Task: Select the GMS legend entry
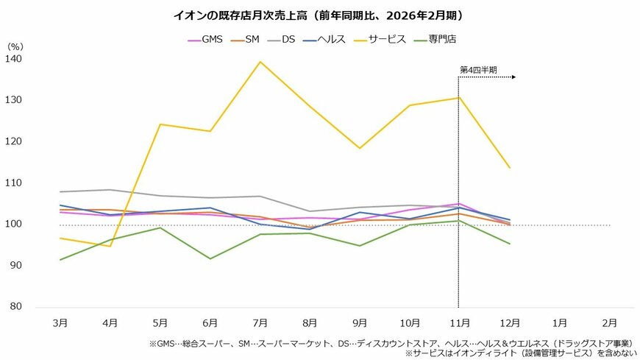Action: [208, 39]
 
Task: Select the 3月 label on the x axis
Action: [61, 322]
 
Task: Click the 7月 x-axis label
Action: [260, 322]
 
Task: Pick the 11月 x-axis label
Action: [459, 322]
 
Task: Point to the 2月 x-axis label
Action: [609, 322]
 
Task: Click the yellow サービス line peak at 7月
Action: [260, 62]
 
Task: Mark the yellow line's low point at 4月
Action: [110, 246]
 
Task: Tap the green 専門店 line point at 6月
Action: [210, 258]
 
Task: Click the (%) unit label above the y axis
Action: [15, 46]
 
